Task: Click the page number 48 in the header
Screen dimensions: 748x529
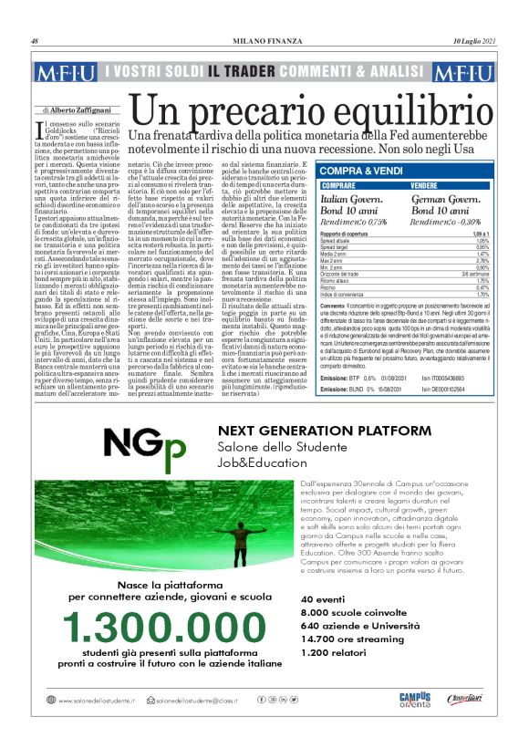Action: tap(35, 41)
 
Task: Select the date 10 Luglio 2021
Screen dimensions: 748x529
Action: tap(474, 41)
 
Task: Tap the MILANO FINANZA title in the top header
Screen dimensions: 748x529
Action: tap(264, 41)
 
